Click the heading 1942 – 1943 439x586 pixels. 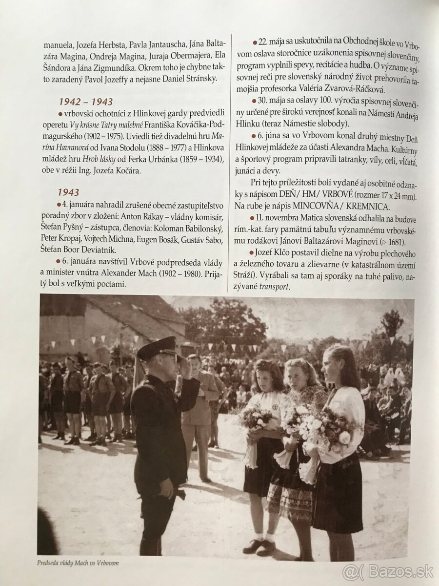(x=86, y=102)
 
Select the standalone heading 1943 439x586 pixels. (x=68, y=192)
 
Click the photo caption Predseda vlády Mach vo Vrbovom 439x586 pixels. (x=78, y=563)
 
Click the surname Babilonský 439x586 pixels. (x=199, y=229)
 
